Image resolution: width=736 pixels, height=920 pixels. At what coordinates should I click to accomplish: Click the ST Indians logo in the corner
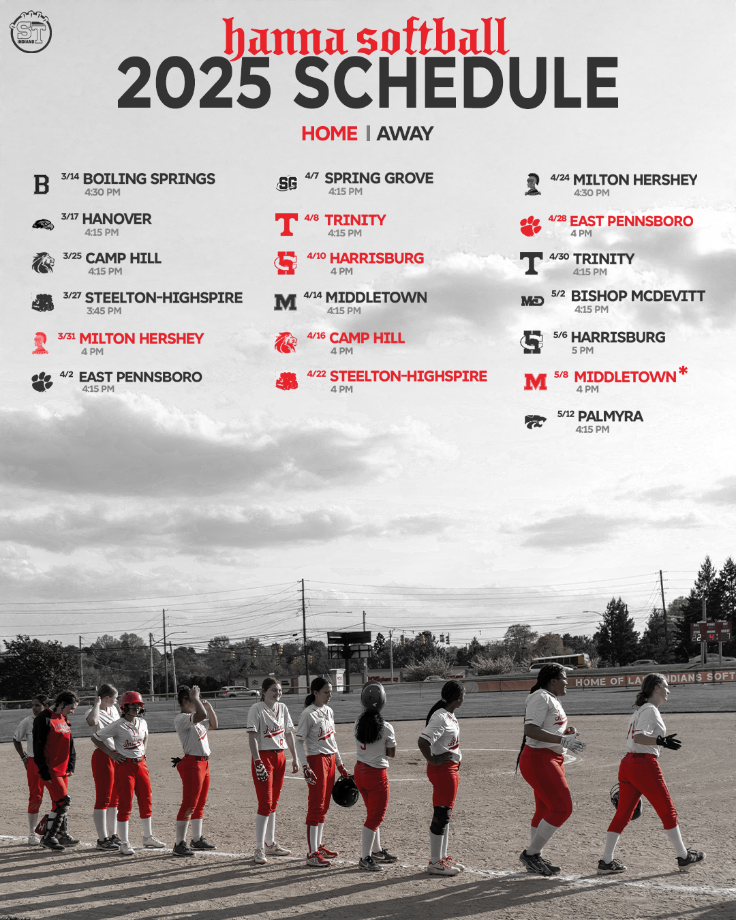pyautogui.click(x=31, y=31)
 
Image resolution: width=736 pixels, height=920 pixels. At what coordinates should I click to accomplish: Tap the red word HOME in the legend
pyautogui.click(x=329, y=134)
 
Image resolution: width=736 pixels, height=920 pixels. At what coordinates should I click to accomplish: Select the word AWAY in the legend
pyautogui.click(x=405, y=134)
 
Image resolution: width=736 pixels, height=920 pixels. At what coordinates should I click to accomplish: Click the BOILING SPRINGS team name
pyautogui.click(x=149, y=179)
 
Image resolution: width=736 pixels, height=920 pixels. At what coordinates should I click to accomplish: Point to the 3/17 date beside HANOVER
pyautogui.click(x=70, y=217)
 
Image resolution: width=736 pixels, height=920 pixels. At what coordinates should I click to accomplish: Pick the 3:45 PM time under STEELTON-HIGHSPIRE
pyautogui.click(x=104, y=311)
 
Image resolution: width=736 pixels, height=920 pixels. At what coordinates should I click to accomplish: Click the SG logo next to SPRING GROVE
pyautogui.click(x=287, y=183)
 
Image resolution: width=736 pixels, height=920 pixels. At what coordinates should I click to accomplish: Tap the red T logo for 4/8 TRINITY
pyautogui.click(x=286, y=224)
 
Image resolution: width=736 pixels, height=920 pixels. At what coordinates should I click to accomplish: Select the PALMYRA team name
pyautogui.click(x=610, y=416)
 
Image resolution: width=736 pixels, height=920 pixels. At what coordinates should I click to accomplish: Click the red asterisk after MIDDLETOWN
pyautogui.click(x=683, y=371)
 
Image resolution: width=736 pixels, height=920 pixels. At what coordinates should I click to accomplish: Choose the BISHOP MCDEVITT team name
pyautogui.click(x=637, y=296)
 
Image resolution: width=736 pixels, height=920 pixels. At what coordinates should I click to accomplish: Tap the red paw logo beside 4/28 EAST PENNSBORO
pyautogui.click(x=530, y=226)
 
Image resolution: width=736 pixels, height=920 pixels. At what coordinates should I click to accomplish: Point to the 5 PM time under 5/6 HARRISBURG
pyautogui.click(x=582, y=350)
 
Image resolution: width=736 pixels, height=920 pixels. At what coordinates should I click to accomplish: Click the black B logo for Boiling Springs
pyautogui.click(x=42, y=185)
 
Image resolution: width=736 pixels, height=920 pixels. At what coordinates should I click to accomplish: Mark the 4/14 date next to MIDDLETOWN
pyautogui.click(x=313, y=295)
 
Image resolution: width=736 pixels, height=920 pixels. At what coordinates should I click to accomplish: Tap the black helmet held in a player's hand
pyautogui.click(x=345, y=791)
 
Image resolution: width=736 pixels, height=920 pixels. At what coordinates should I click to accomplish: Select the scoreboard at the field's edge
pyautogui.click(x=711, y=632)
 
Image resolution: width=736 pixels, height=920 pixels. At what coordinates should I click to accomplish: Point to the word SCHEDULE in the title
pyautogui.click(x=456, y=83)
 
